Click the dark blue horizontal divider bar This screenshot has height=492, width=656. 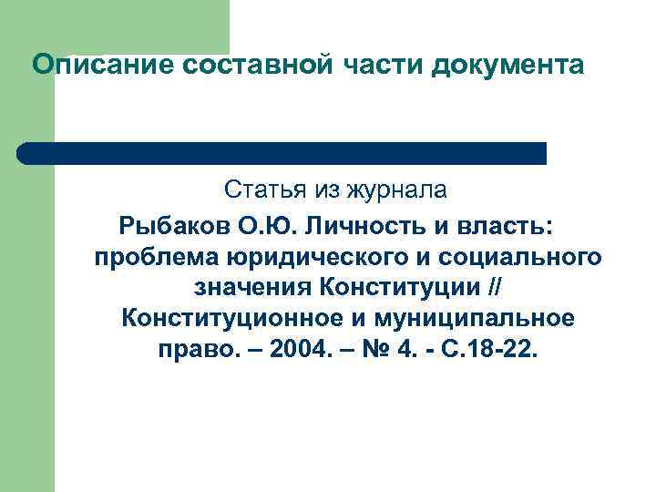coord(282,153)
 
